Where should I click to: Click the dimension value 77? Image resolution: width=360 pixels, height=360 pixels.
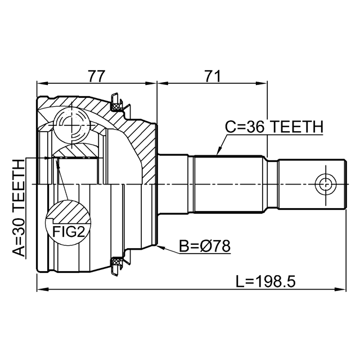coord(97,76)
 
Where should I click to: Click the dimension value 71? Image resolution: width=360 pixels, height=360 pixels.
coord(213,76)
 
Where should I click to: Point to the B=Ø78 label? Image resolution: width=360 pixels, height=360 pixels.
coord(205,246)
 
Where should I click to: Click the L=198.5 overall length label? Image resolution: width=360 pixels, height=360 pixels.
coord(265,281)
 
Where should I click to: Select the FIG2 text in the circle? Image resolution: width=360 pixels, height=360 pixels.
coord(69,232)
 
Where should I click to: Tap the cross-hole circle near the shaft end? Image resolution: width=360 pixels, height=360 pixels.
coord(326,184)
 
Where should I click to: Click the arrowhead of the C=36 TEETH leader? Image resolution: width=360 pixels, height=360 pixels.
coord(219,151)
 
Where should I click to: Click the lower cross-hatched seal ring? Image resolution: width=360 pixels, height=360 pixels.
coord(116,262)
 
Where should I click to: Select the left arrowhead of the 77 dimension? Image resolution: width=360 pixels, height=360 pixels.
coord(41,83)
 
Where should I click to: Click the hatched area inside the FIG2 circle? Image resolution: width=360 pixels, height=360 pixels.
coord(69,211)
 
